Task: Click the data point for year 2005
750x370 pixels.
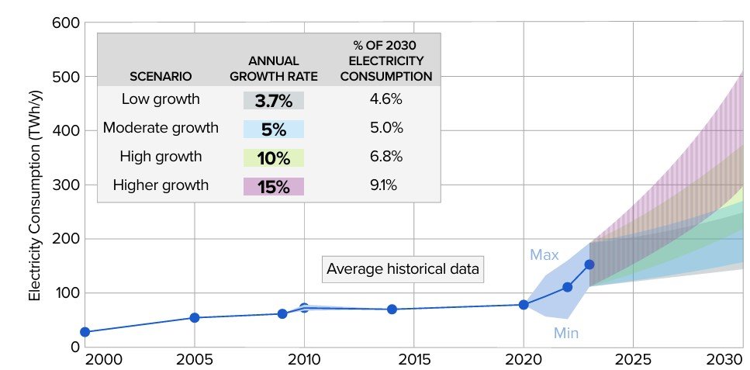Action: (195, 317)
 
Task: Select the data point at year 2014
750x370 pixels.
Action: (392, 309)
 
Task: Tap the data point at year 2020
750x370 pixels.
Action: (524, 304)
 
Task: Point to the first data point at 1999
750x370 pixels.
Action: (85, 332)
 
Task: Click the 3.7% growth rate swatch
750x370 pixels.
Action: (273, 100)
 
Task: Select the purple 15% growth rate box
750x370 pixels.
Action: (273, 186)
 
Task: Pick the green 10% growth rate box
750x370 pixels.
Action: (273, 157)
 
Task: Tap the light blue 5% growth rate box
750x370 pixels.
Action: (273, 129)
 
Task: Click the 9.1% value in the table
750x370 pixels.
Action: (386, 185)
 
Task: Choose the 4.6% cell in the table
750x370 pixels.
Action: (386, 99)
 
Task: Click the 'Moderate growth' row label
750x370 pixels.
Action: (161, 128)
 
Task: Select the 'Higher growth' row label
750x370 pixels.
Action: (161, 185)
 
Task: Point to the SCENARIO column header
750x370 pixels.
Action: (161, 77)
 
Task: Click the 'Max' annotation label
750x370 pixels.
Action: (544, 254)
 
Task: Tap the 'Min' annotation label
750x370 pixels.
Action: (566, 334)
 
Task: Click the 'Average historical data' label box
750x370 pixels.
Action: (403, 269)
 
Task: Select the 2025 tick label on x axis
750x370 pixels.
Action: (633, 361)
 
